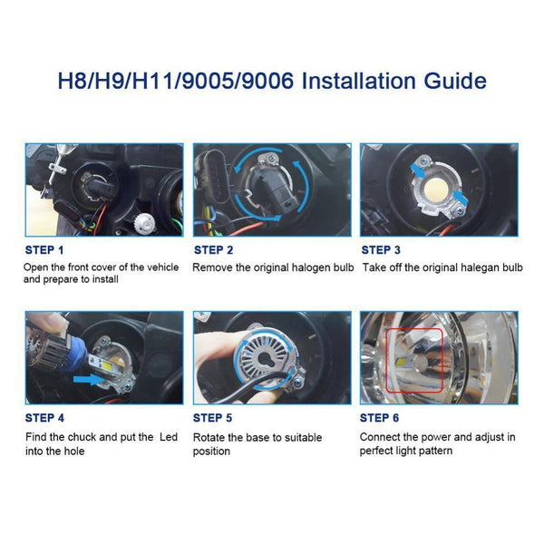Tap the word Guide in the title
click(453, 81)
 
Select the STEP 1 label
click(44, 249)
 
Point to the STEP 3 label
click(381, 249)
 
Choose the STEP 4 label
click(44, 418)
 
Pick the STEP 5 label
click(213, 418)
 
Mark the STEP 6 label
click(381, 418)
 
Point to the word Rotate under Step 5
click(209, 437)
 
